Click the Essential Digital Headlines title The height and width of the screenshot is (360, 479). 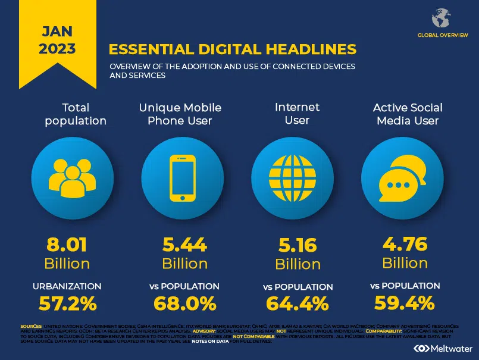(x=233, y=48)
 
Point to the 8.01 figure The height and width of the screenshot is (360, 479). (x=67, y=244)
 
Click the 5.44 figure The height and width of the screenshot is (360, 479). (x=184, y=244)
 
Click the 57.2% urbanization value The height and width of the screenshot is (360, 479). (x=67, y=303)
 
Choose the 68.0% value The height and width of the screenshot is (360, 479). (x=184, y=303)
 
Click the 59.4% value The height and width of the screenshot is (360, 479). (x=405, y=303)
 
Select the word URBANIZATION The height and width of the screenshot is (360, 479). (x=67, y=286)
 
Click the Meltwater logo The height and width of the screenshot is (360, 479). (x=443, y=348)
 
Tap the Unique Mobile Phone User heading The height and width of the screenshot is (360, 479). (x=180, y=114)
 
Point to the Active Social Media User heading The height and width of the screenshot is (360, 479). (x=408, y=114)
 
